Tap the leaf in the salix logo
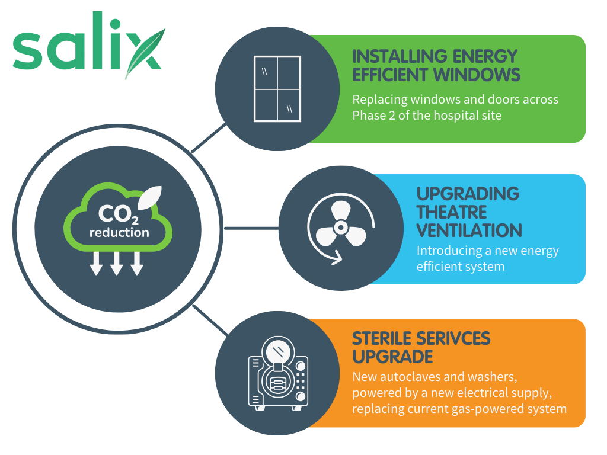[x=145, y=53]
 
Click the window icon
[x=277, y=89]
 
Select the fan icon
[x=341, y=228]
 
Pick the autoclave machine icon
[x=278, y=373]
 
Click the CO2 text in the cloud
[x=118, y=214]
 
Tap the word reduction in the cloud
[x=119, y=232]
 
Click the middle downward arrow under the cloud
[x=117, y=264]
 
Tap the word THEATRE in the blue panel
[x=451, y=212]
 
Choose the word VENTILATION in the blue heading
[x=469, y=230]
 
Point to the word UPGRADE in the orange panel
[x=392, y=357]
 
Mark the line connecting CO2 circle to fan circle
[x=251, y=228]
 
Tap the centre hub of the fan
[x=341, y=227]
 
